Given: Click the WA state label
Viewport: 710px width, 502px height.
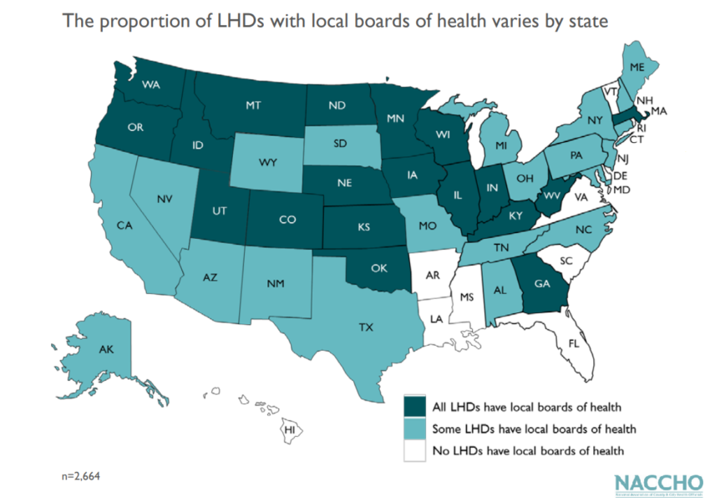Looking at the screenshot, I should [151, 84].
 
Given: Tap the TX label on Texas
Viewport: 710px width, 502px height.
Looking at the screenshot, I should [365, 327].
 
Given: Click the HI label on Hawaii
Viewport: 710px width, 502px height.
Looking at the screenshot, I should [291, 429].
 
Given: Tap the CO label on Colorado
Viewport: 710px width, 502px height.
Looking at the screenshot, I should [287, 221].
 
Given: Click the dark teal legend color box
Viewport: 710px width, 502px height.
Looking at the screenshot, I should [415, 408].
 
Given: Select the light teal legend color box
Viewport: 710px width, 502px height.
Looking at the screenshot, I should [415, 429].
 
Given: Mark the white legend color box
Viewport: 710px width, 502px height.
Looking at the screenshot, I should [415, 451].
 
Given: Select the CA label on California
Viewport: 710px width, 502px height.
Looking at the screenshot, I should [125, 226].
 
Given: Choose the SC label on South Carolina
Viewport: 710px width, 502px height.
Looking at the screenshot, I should [565, 261].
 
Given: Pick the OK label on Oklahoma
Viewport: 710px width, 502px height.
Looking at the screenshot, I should [378, 268].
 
